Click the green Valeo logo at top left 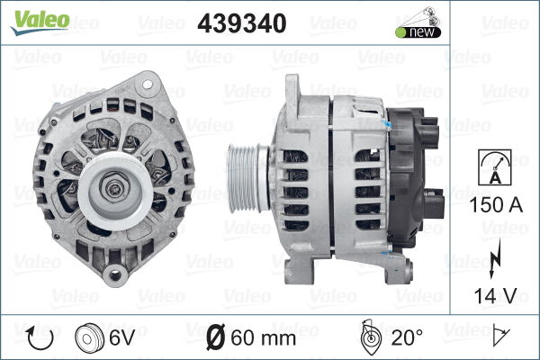pyautogui.click(x=40, y=22)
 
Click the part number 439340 pyautogui.click(x=242, y=23)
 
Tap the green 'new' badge pyautogui.click(x=418, y=32)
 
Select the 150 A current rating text pyautogui.click(x=496, y=204)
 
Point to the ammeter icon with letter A pyautogui.click(x=495, y=167)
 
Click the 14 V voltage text pyautogui.click(x=496, y=295)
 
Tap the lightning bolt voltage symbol pyautogui.click(x=495, y=258)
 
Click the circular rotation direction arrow pyautogui.click(x=40, y=338)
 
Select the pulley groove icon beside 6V pyautogui.click(x=89, y=338)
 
